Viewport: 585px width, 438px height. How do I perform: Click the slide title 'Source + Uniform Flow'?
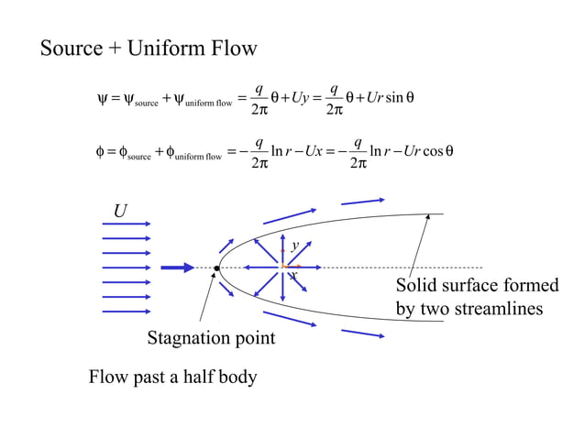pos(149,49)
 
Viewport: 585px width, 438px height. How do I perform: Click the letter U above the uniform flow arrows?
pos(119,213)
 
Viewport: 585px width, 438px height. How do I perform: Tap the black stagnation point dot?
pos(217,268)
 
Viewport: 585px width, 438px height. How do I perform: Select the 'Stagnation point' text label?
pos(211,338)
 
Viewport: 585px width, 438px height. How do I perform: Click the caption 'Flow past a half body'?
pos(172,377)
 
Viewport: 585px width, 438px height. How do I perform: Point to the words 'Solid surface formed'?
pos(477,286)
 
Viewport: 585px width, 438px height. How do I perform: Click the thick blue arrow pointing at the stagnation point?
pos(177,268)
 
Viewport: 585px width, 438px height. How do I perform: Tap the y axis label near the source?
pos(294,246)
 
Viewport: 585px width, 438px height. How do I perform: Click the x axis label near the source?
pos(293,275)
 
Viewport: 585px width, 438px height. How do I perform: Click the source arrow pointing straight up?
pos(282,246)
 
